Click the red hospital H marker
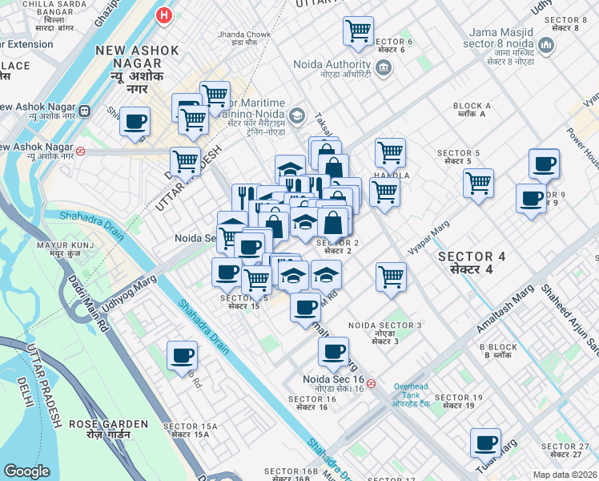tap(165, 14)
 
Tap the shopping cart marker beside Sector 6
tap(358, 31)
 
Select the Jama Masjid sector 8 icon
tap(547, 45)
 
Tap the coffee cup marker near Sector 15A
tap(182, 355)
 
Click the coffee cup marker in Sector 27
tap(485, 443)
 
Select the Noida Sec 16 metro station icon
tap(371, 383)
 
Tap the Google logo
tap(26, 471)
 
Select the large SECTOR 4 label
tap(472, 262)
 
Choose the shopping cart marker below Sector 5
tap(478, 183)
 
